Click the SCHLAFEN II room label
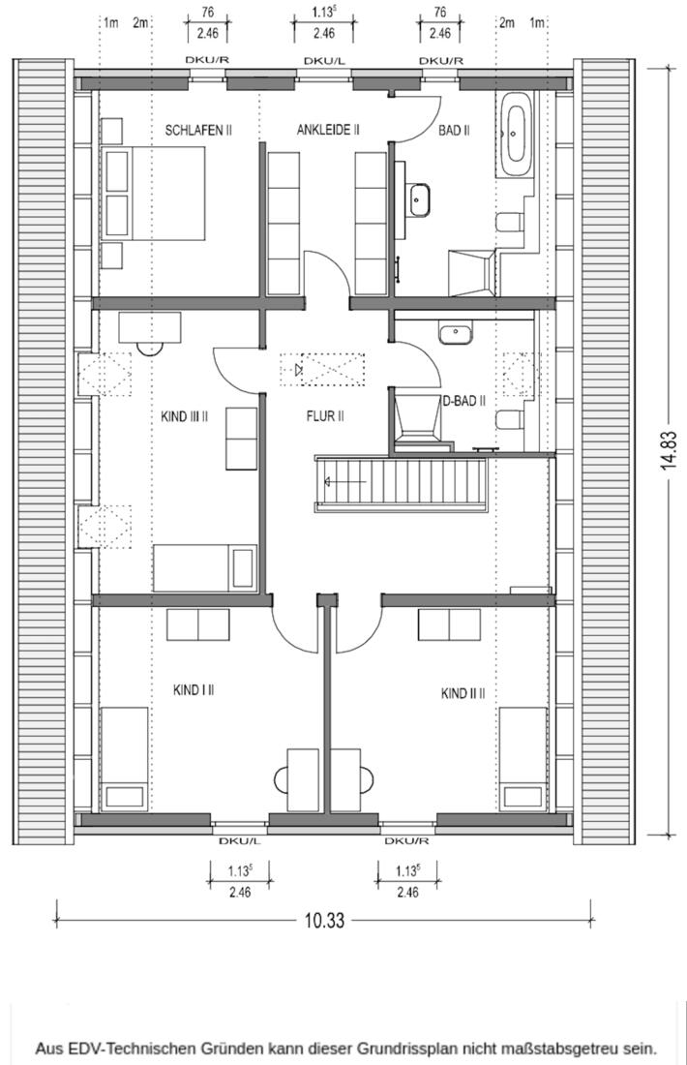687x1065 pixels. [x=198, y=130]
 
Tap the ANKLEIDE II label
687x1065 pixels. [x=328, y=130]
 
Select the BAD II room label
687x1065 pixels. [x=454, y=130]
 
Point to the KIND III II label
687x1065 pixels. [x=184, y=416]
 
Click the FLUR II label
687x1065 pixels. [x=325, y=415]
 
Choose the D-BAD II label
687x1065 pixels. [x=464, y=401]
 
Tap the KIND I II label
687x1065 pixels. [x=194, y=690]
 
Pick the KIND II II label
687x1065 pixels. [x=463, y=693]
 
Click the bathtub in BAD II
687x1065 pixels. [x=516, y=136]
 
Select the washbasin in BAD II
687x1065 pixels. [x=420, y=199]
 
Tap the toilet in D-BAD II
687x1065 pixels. [x=509, y=419]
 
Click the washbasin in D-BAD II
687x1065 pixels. [x=455, y=333]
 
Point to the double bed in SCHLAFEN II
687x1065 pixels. [x=154, y=194]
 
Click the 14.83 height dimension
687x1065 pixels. [x=671, y=450]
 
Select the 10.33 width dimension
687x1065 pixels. [x=324, y=921]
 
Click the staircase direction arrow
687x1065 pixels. [x=346, y=482]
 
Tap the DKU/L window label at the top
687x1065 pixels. [x=324, y=61]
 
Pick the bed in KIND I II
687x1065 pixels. [x=124, y=759]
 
